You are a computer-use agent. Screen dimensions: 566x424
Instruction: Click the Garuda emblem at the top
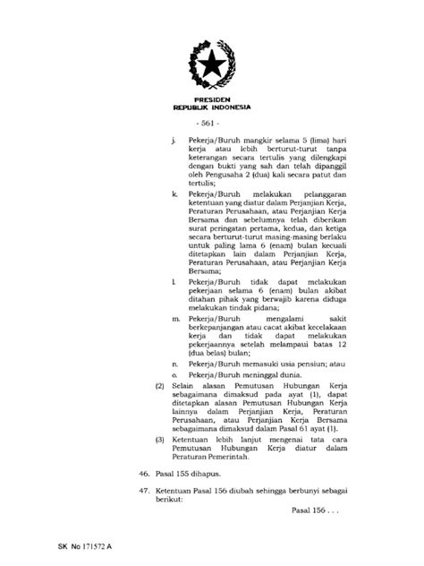211,63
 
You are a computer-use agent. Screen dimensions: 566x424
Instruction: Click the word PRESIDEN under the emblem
211,99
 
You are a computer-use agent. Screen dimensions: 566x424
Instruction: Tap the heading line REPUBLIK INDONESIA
211,107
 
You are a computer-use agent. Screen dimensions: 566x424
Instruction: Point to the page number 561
211,124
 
